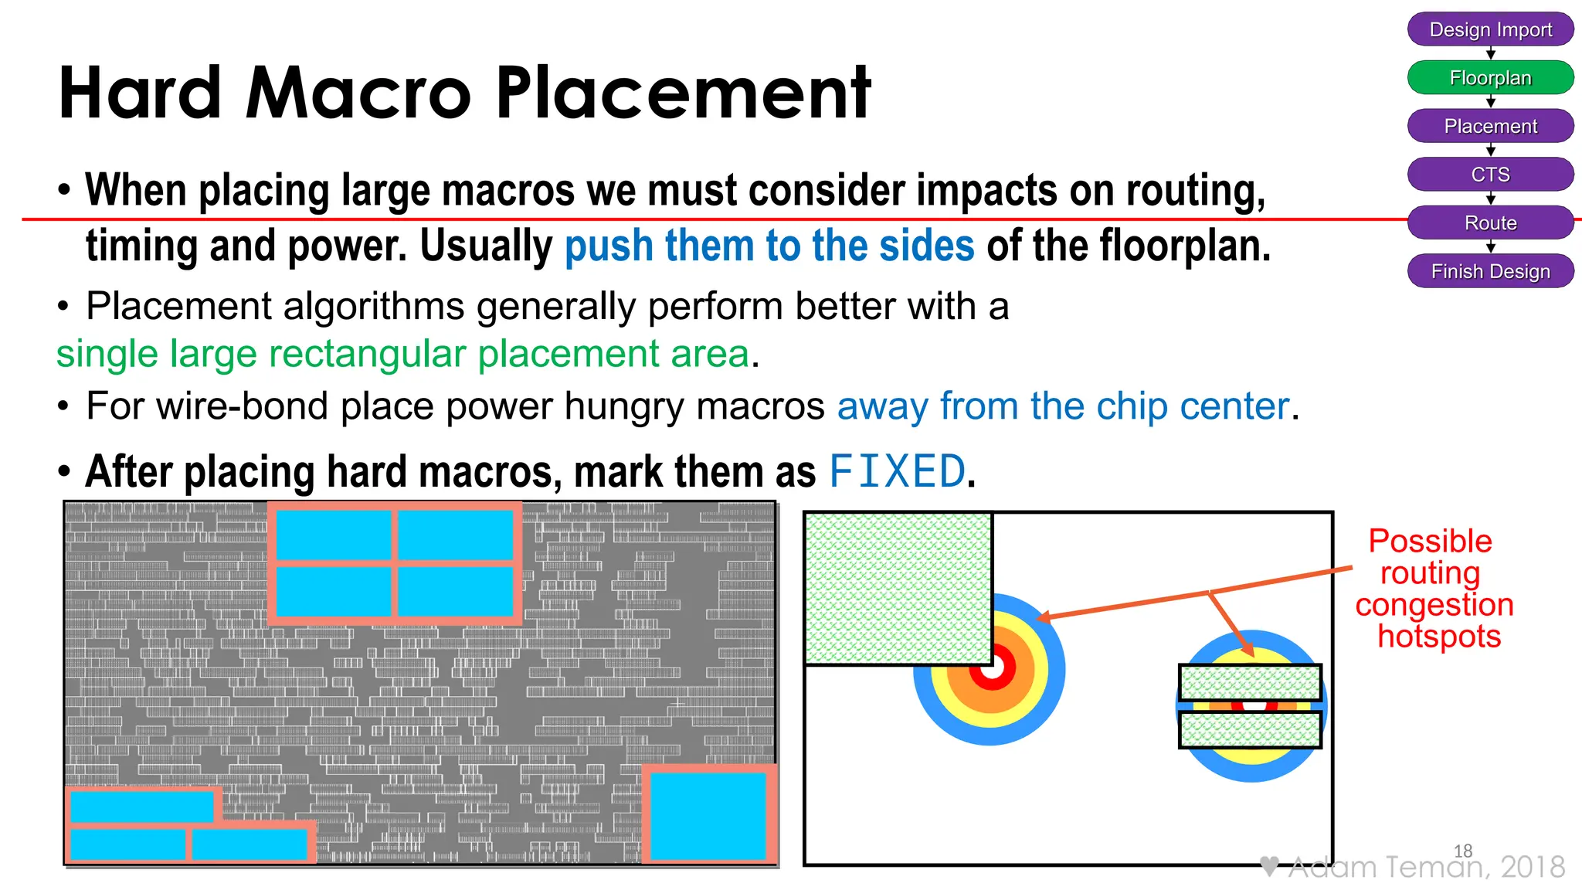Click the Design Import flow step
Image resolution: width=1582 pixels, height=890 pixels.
[x=1490, y=29]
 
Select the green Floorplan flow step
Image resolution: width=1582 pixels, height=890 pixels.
[x=1490, y=77]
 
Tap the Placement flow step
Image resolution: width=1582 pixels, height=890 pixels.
[x=1490, y=126]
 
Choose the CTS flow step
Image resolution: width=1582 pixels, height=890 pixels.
[x=1490, y=175]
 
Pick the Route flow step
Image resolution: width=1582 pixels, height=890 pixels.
[x=1490, y=222]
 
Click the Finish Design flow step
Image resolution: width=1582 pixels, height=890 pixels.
[x=1490, y=271]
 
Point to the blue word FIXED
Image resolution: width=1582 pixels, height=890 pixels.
[x=897, y=471]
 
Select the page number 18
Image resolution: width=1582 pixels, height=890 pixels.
[x=1463, y=851]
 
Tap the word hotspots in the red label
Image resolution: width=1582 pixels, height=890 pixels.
[x=1439, y=637]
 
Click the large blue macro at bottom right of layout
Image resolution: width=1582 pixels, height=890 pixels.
[x=708, y=816]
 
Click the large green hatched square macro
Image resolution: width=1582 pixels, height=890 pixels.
[x=898, y=588]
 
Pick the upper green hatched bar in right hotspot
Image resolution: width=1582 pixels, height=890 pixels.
[x=1250, y=682]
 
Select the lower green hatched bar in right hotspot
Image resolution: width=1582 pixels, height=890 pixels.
[x=1250, y=729]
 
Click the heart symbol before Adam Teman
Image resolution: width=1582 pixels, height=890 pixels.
[x=1269, y=866]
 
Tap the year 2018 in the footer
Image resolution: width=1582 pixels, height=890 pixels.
[x=1533, y=867]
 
